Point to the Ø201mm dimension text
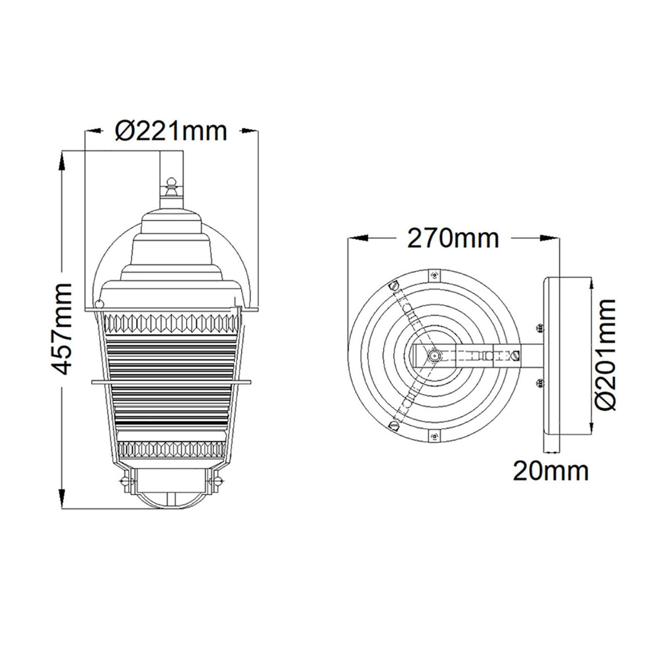[x=605, y=355]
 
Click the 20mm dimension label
[x=551, y=471]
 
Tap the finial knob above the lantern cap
[x=171, y=182]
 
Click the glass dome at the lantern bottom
[x=171, y=497]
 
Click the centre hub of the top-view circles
[x=434, y=356]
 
